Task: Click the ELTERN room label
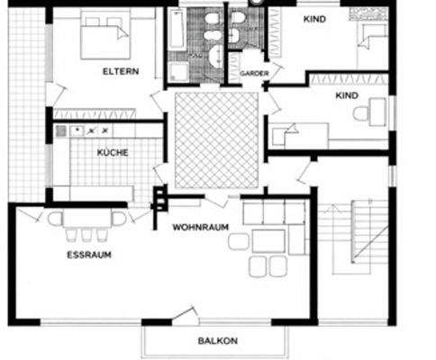click(x=119, y=70)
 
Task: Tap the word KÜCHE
click(x=113, y=153)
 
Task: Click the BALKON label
click(x=217, y=341)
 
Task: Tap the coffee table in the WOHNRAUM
click(x=268, y=240)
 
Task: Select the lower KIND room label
click(x=346, y=94)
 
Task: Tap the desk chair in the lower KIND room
click(x=361, y=114)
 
